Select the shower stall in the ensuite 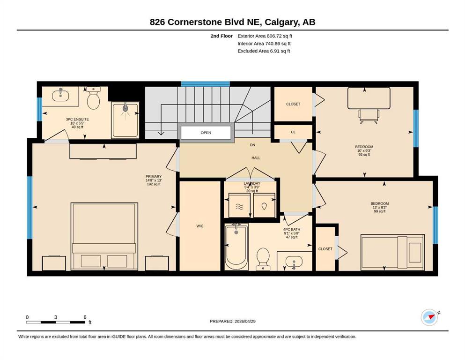pyautogui.click(x=125, y=120)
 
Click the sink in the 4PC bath pyautogui.click(x=294, y=262)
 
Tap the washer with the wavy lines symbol pyautogui.click(x=239, y=205)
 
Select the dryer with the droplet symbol pyautogui.click(x=264, y=205)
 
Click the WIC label pyautogui.click(x=200, y=226)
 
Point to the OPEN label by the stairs pyautogui.click(x=206, y=133)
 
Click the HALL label pyautogui.click(x=256, y=158)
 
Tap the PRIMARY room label pyautogui.click(x=154, y=177)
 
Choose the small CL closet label pyautogui.click(x=293, y=132)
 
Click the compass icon pyautogui.click(x=429, y=317)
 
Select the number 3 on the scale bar pyautogui.click(x=55, y=317)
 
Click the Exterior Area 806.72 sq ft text pyautogui.click(x=265, y=36)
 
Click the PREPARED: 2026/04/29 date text pyautogui.click(x=232, y=321)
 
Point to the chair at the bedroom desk pyautogui.click(x=369, y=116)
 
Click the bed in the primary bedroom pyautogui.click(x=104, y=237)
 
